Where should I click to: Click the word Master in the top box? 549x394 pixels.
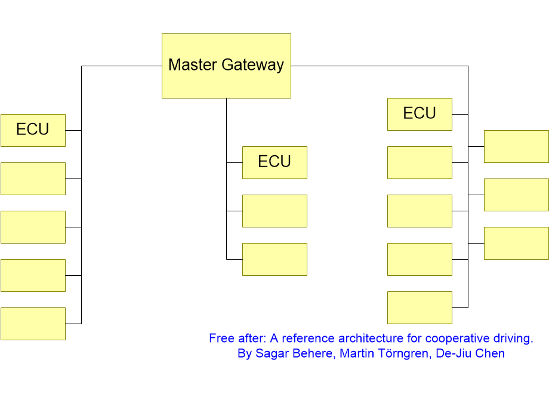coord(193,65)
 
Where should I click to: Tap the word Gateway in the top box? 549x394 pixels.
coord(253,66)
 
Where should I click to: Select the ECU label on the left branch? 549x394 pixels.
coord(33,129)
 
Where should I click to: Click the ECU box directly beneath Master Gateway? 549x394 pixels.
coord(275,162)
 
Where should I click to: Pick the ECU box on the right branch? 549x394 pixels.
coord(420,114)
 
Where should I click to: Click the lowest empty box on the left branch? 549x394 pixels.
coord(33,324)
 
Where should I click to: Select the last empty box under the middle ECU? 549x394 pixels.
coord(275,259)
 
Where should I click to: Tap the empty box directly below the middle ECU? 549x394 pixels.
coord(275,211)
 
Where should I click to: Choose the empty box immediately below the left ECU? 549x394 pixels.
coord(33,178)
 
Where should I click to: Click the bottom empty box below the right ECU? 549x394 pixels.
coord(420,307)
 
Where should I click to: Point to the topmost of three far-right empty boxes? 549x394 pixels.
coord(516,146)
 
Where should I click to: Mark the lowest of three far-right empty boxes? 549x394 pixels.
coord(516,243)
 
